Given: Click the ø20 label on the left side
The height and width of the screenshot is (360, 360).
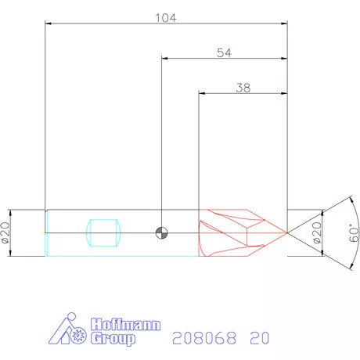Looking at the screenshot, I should [5, 232].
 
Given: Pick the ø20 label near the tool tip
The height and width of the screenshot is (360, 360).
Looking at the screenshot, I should [317, 232].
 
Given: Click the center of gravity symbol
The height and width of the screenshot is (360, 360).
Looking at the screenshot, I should [162, 232].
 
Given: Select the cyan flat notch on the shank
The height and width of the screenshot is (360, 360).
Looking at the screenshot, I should [104, 232].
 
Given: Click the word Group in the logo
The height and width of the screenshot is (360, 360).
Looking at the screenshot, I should [113, 339].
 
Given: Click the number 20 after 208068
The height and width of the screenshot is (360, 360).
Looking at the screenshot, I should [260, 339].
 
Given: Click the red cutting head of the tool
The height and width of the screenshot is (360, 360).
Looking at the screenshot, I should [235, 232].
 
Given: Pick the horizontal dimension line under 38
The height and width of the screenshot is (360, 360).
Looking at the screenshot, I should [243, 94].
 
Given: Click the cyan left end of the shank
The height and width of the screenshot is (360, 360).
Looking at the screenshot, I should [49, 232].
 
